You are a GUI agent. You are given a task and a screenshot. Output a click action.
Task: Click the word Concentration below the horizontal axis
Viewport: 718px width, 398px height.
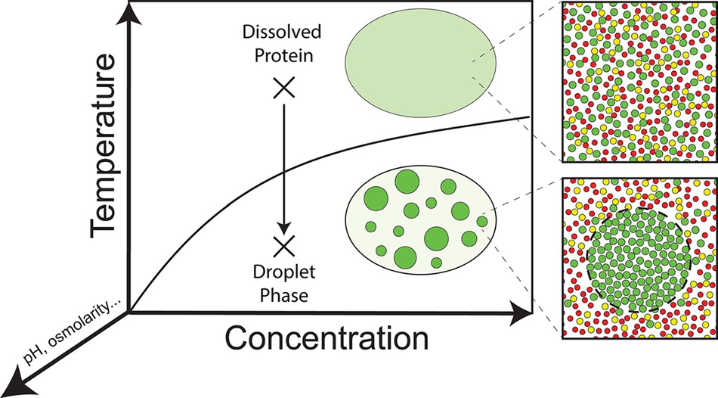click(328, 337)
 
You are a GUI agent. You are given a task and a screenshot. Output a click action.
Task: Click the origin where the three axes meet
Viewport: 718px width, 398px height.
click(131, 311)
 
